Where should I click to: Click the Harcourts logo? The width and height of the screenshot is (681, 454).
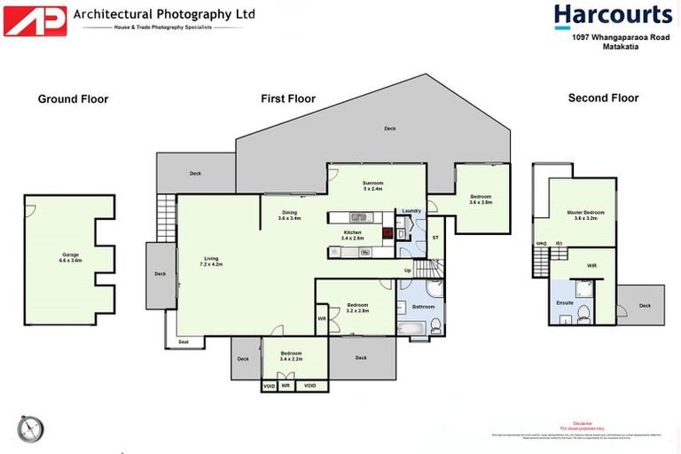(x=613, y=16)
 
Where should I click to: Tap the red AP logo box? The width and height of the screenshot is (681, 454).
(x=35, y=20)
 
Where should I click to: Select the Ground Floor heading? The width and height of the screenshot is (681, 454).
(x=73, y=98)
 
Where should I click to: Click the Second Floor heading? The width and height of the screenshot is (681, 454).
(x=603, y=98)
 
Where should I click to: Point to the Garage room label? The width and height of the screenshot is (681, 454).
(x=70, y=257)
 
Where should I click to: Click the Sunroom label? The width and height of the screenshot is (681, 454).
(x=372, y=184)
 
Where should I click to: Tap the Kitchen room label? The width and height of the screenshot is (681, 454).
(x=353, y=235)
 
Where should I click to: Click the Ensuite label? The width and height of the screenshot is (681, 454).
(x=565, y=303)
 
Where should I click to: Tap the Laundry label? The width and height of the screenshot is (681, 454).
(x=411, y=210)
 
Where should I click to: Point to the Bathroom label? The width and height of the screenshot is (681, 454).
(x=423, y=306)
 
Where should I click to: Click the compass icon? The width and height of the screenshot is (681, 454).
(x=30, y=428)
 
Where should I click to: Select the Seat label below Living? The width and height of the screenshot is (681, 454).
(x=184, y=341)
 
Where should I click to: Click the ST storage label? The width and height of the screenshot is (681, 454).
(x=435, y=238)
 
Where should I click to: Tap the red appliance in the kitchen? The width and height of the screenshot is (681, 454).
(x=387, y=234)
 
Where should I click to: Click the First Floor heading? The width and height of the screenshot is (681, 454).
(x=288, y=98)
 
